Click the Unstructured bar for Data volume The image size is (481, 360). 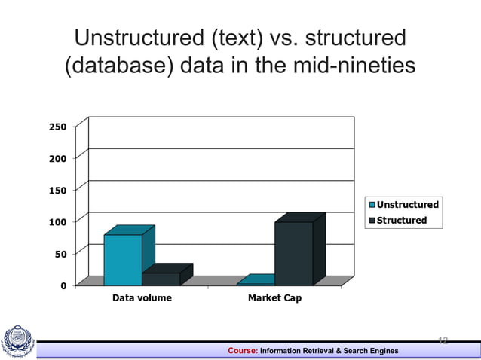123,259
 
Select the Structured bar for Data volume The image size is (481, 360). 161,279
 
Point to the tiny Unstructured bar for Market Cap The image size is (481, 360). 255,282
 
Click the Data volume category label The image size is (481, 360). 142,298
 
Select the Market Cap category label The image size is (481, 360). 274,298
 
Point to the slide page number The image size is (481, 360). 443,341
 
